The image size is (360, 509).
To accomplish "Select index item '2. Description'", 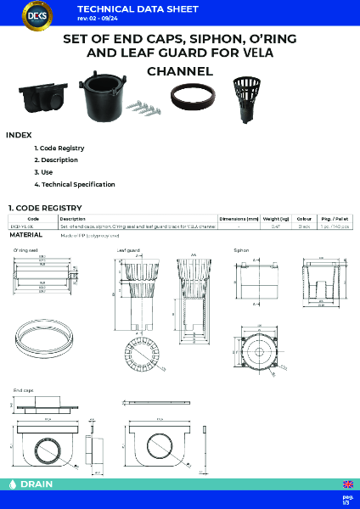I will (56, 159).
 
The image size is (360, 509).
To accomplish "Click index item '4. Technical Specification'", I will (75, 184).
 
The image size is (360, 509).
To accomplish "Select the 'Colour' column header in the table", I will (304, 219).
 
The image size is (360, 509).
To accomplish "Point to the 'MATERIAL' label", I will (26, 235).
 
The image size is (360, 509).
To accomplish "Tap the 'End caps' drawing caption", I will (23, 389).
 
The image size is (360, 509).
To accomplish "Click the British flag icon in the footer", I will (347, 484).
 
